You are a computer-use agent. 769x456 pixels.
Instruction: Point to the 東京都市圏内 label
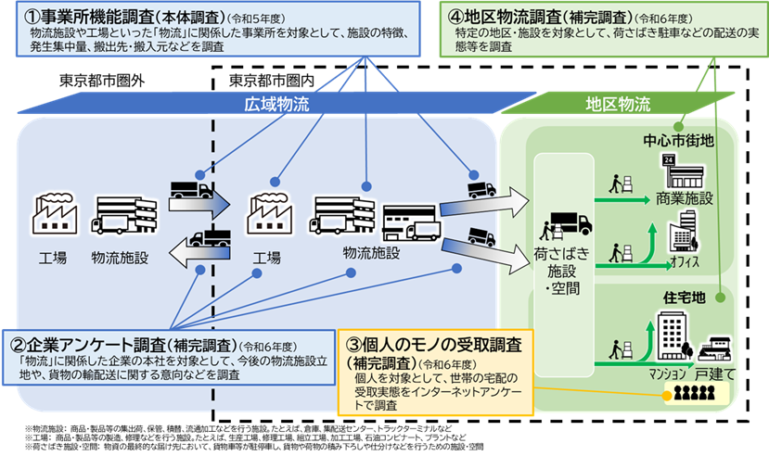point(269,81)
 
